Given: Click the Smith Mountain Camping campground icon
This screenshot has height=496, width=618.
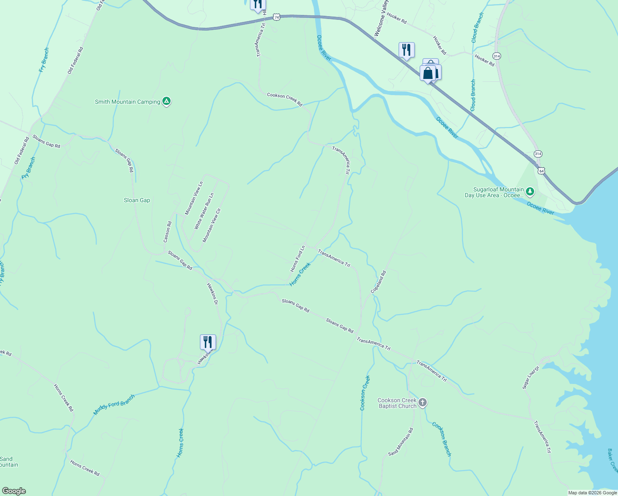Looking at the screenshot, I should [x=166, y=101].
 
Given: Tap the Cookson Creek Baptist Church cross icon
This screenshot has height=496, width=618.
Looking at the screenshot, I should [x=422, y=403].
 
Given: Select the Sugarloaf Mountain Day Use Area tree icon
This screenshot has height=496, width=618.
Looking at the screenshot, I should [x=530, y=192].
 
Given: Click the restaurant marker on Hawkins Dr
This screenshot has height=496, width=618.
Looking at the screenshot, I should [x=208, y=342].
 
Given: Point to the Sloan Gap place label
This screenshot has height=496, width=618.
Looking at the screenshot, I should [x=137, y=200].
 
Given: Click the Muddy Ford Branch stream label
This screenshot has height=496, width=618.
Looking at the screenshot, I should [x=114, y=405].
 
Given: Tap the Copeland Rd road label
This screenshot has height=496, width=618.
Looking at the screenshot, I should [x=378, y=282].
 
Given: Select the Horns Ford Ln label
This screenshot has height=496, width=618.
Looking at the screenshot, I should [x=297, y=258].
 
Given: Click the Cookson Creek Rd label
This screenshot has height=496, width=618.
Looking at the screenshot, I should [x=285, y=99].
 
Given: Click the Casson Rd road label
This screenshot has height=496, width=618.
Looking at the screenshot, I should [x=167, y=232].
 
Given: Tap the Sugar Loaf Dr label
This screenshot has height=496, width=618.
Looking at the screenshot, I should [x=531, y=377].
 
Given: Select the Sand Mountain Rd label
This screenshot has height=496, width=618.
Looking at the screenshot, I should [x=401, y=442].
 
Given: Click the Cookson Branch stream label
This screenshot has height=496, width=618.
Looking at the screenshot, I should [x=442, y=439].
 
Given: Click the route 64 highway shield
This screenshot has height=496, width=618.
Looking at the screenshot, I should [x=541, y=170].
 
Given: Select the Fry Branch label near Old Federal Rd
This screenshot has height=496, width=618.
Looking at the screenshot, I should [x=44, y=60].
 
